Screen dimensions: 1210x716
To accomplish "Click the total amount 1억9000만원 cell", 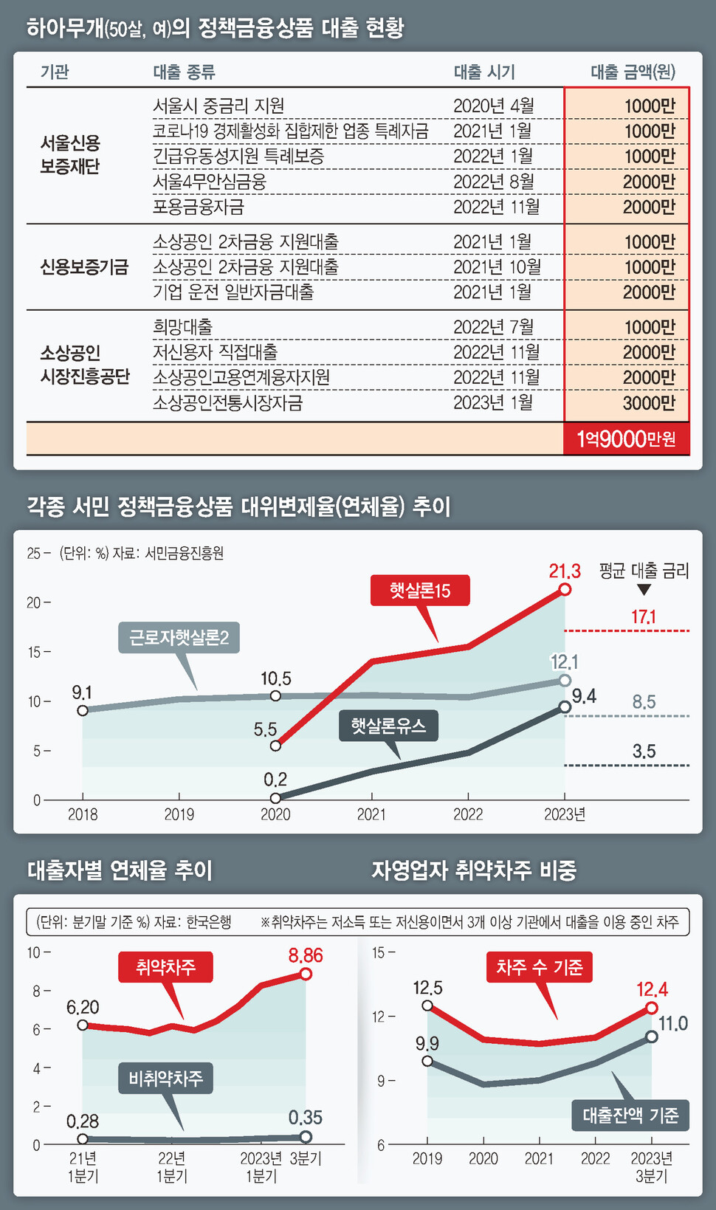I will (626, 439).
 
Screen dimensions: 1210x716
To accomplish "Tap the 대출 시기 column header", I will (484, 72).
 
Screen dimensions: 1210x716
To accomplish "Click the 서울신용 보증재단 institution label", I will (70, 154).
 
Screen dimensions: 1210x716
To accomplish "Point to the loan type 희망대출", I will (182, 327).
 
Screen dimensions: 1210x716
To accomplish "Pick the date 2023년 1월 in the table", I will (492, 403).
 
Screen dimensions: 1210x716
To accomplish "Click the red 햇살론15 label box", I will (420, 591).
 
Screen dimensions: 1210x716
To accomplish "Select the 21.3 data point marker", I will (565, 589).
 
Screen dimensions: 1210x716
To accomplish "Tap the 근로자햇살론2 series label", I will (179, 637).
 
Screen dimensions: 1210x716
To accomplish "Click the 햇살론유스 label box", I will (388, 726).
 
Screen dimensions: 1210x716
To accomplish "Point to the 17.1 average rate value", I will (644, 616).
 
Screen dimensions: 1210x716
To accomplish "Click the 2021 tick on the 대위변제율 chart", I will (371, 814).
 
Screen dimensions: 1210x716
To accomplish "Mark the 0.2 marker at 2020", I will (275, 798).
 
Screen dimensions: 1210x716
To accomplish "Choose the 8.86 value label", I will (306, 956).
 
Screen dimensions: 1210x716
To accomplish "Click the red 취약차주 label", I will (166, 967).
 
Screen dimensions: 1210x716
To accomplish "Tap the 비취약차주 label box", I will (166, 1079).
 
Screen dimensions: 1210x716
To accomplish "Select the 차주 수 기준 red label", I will (540, 967).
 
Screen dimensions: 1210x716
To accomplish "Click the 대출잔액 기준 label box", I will (630, 1116).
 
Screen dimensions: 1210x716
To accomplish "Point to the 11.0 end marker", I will (652, 1037).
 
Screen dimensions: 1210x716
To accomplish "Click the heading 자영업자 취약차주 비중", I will (473, 870).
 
